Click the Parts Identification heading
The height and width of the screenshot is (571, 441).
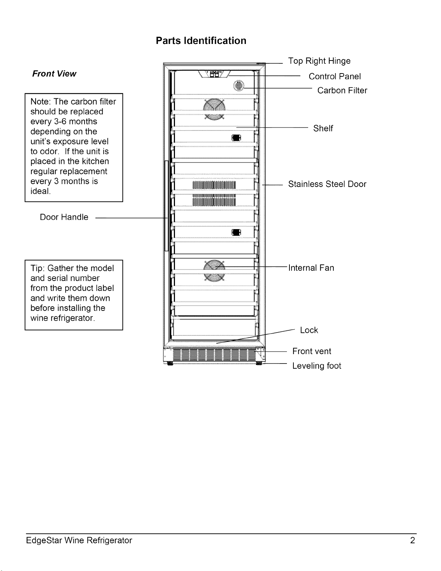201,41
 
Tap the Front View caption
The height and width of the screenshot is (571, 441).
54,73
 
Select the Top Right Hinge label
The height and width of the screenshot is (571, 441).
319,61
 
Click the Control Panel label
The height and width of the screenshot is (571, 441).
335,76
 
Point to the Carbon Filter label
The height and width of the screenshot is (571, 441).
342,90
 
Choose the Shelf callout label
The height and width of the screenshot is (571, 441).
323,128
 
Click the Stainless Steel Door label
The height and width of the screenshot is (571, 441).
327,184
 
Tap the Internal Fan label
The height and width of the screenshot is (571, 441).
311,268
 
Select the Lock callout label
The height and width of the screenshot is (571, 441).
309,330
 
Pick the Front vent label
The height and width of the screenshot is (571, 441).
312,351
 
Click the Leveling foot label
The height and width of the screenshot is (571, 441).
316,366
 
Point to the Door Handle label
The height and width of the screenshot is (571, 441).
64,217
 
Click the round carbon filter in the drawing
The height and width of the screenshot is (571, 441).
239,85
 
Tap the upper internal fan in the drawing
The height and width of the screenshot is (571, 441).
214,109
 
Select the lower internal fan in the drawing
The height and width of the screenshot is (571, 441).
214,271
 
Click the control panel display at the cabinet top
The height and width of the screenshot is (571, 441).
215,74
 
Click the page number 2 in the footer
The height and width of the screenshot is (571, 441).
413,540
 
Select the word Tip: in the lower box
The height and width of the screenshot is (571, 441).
38,268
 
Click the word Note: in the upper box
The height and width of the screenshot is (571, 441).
41,102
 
